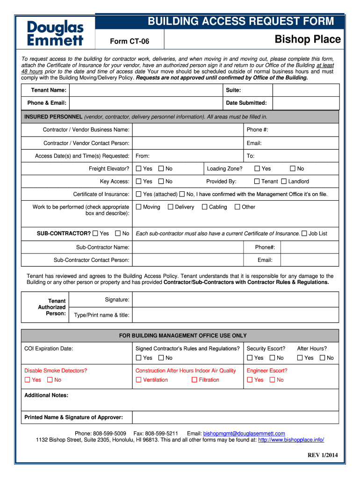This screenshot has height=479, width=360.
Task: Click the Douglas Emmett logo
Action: [55, 33]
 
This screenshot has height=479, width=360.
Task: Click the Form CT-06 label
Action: [130, 42]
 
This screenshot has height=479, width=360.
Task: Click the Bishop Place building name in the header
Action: [307, 39]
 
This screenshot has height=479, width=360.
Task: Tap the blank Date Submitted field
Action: [305, 103]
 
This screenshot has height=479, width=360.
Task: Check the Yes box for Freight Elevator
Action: [138, 169]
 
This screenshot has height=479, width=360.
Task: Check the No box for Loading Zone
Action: [293, 169]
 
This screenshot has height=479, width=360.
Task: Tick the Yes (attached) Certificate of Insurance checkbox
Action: [138, 194]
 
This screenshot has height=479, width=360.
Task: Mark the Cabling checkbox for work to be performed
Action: [204, 207]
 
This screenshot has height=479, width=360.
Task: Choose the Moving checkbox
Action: [138, 207]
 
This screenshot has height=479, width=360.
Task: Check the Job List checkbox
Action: [304, 233]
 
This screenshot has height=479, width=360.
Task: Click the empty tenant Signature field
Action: [235, 300]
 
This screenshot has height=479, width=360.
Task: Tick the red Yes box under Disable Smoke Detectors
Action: [27, 380]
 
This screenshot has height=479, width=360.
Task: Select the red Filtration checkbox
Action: [194, 380]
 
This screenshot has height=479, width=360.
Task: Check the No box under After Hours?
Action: [322, 358]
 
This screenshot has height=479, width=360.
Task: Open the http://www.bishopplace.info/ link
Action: [291, 440]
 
